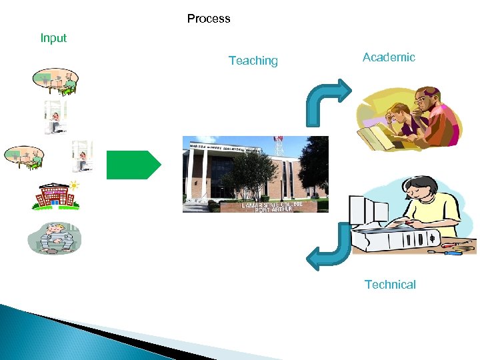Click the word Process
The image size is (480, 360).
209,19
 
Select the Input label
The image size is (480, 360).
53,38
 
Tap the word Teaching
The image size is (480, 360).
253,61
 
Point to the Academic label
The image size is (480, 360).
389,57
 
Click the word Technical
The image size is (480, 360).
390,285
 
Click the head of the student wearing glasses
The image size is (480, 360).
427,100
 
